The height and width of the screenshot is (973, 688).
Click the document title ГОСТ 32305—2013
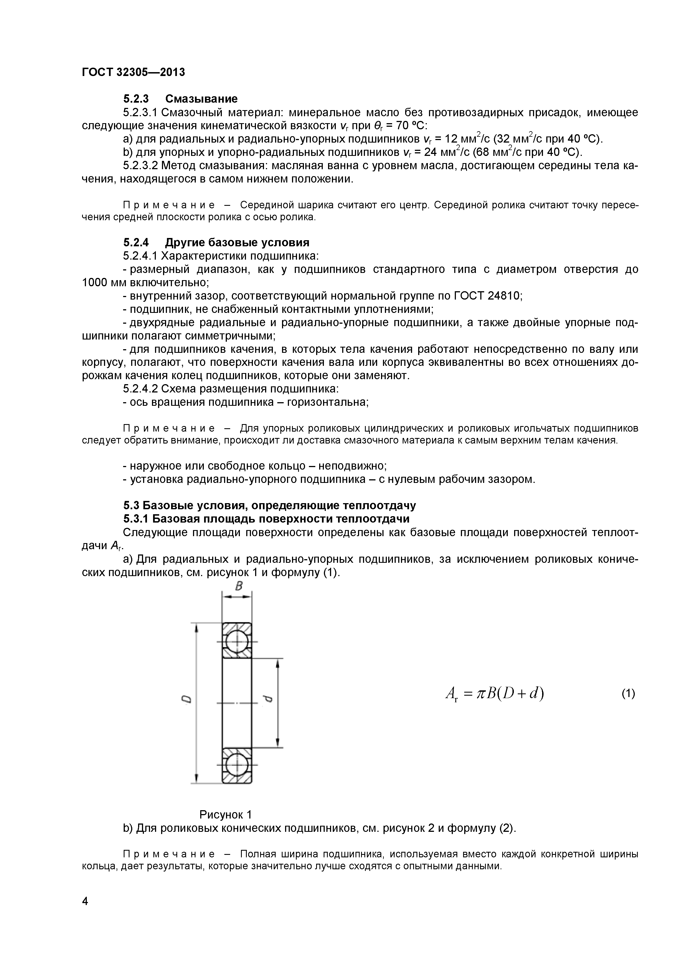[133, 72]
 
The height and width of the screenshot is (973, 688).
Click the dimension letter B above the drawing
[238, 586]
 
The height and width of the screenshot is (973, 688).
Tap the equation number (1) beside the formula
[628, 694]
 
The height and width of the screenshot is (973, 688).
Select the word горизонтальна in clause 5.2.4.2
[328, 402]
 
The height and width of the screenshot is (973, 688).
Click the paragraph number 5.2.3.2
[140, 166]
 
